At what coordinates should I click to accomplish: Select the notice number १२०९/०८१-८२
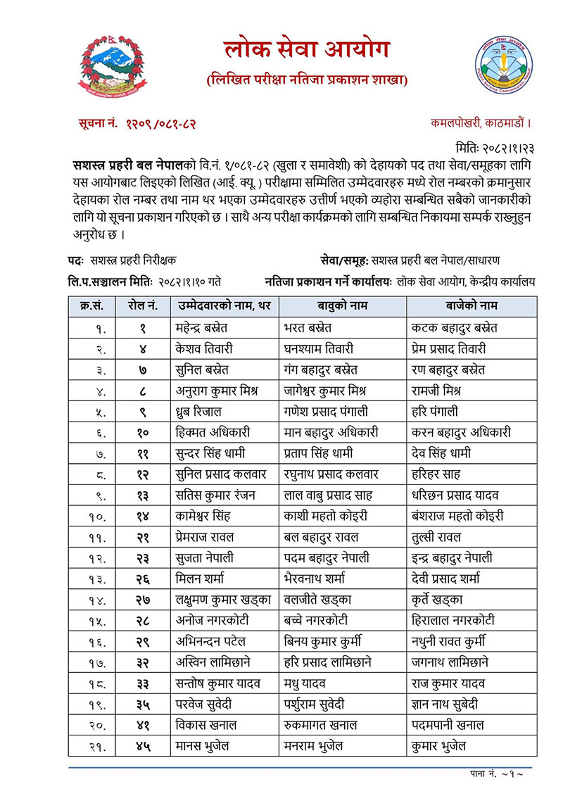click(x=138, y=124)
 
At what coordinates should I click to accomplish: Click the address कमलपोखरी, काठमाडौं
click(x=480, y=123)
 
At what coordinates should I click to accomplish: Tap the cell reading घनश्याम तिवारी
click(x=324, y=349)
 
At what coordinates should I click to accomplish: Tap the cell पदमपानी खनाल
click(x=448, y=724)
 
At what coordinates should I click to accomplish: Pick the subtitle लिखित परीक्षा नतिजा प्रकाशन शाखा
click(x=307, y=80)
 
